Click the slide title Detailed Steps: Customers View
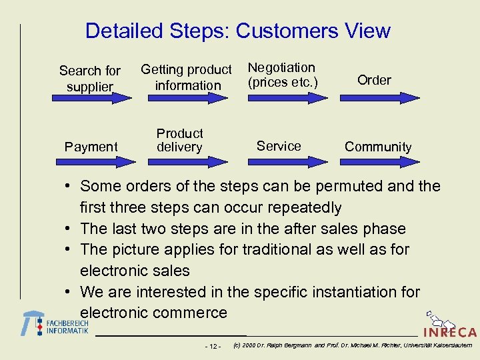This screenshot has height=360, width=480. pos(237,31)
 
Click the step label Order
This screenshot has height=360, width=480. pos(374,80)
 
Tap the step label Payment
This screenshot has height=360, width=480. pos(91,147)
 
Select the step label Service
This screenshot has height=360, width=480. pos(279,146)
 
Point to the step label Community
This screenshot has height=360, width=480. pos(378,147)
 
